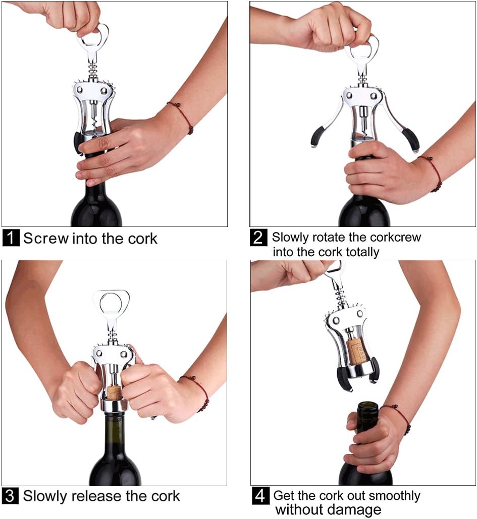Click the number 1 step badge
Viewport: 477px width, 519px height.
pyautogui.click(x=11, y=238)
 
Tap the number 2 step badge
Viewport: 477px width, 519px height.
pyautogui.click(x=258, y=238)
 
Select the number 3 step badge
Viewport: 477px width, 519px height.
pyautogui.click(x=11, y=496)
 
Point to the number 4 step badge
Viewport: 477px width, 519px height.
pyautogui.click(x=260, y=496)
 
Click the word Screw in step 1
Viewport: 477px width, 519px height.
pyautogui.click(x=46, y=238)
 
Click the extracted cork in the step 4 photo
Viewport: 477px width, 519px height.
pyautogui.click(x=356, y=350)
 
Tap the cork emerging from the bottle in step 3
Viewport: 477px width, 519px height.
pyautogui.click(x=114, y=392)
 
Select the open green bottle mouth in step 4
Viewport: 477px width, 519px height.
pyautogui.click(x=367, y=406)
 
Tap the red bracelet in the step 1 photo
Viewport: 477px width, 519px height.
pyautogui.click(x=182, y=116)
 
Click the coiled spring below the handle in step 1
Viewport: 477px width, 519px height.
pyautogui.click(x=93, y=70)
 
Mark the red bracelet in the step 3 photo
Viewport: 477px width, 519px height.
pyautogui.click(x=198, y=392)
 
